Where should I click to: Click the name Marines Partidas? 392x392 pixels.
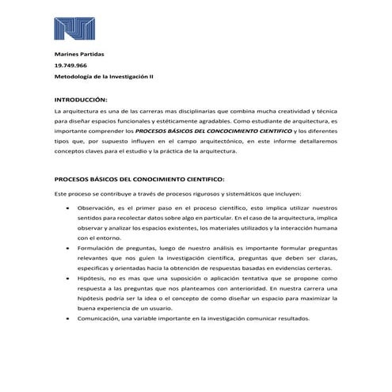tap(78, 53)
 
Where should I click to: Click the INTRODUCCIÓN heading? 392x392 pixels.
tap(79, 101)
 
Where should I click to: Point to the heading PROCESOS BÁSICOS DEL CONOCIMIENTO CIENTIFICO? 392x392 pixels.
tap(139, 179)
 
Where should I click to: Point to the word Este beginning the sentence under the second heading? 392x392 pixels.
tap(62, 195)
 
